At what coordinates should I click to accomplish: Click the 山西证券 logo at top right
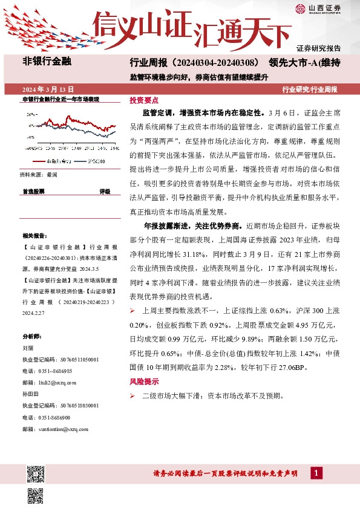coord(318,8)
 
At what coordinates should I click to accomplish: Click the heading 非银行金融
coord(47,61)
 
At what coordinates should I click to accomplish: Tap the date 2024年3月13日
coord(48,89)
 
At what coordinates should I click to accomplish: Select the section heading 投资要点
coord(144,100)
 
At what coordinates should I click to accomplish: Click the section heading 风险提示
coord(144,382)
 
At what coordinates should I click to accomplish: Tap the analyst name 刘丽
coord(27,348)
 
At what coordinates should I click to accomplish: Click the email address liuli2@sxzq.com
coord(58,382)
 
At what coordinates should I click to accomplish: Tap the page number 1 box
coord(316,472)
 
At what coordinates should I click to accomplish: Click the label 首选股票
coord(33,191)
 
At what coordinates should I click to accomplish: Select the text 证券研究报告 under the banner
coord(318,48)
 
